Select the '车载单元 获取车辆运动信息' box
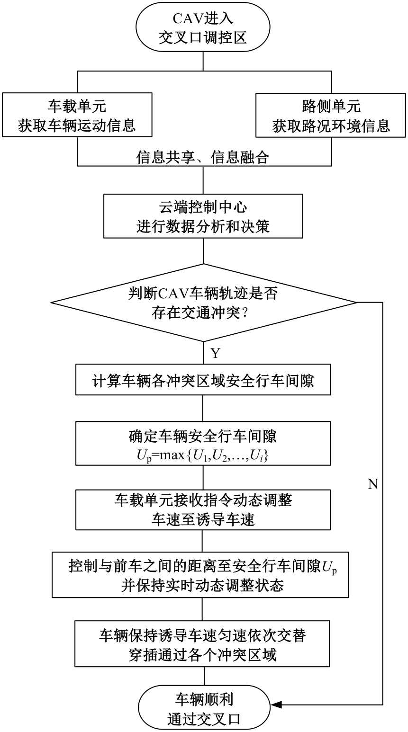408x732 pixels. coord(77,115)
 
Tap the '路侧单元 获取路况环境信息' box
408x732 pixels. coord(331,115)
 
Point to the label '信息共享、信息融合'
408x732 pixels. coord(203,158)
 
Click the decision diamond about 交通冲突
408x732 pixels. coord(203,303)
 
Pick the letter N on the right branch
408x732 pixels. coord(373,484)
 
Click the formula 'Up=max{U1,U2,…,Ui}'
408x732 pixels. coord(203,457)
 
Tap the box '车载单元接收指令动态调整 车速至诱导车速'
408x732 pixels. coord(203,509)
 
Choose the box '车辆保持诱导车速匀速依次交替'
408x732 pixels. coord(203,644)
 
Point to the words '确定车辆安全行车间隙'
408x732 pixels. coord(203,436)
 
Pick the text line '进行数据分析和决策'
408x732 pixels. coord(203,226)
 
